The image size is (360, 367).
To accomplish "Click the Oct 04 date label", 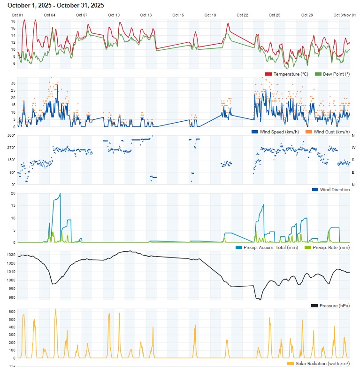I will [x=49, y=15].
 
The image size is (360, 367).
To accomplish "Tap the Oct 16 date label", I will [x=178, y=15].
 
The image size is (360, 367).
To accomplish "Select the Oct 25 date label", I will [x=275, y=15].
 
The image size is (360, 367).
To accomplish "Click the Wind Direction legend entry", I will [x=334, y=189].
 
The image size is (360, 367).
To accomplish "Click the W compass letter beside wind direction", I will [x=353, y=148].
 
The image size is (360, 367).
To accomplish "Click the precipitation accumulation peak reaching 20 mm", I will [x=60, y=194].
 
